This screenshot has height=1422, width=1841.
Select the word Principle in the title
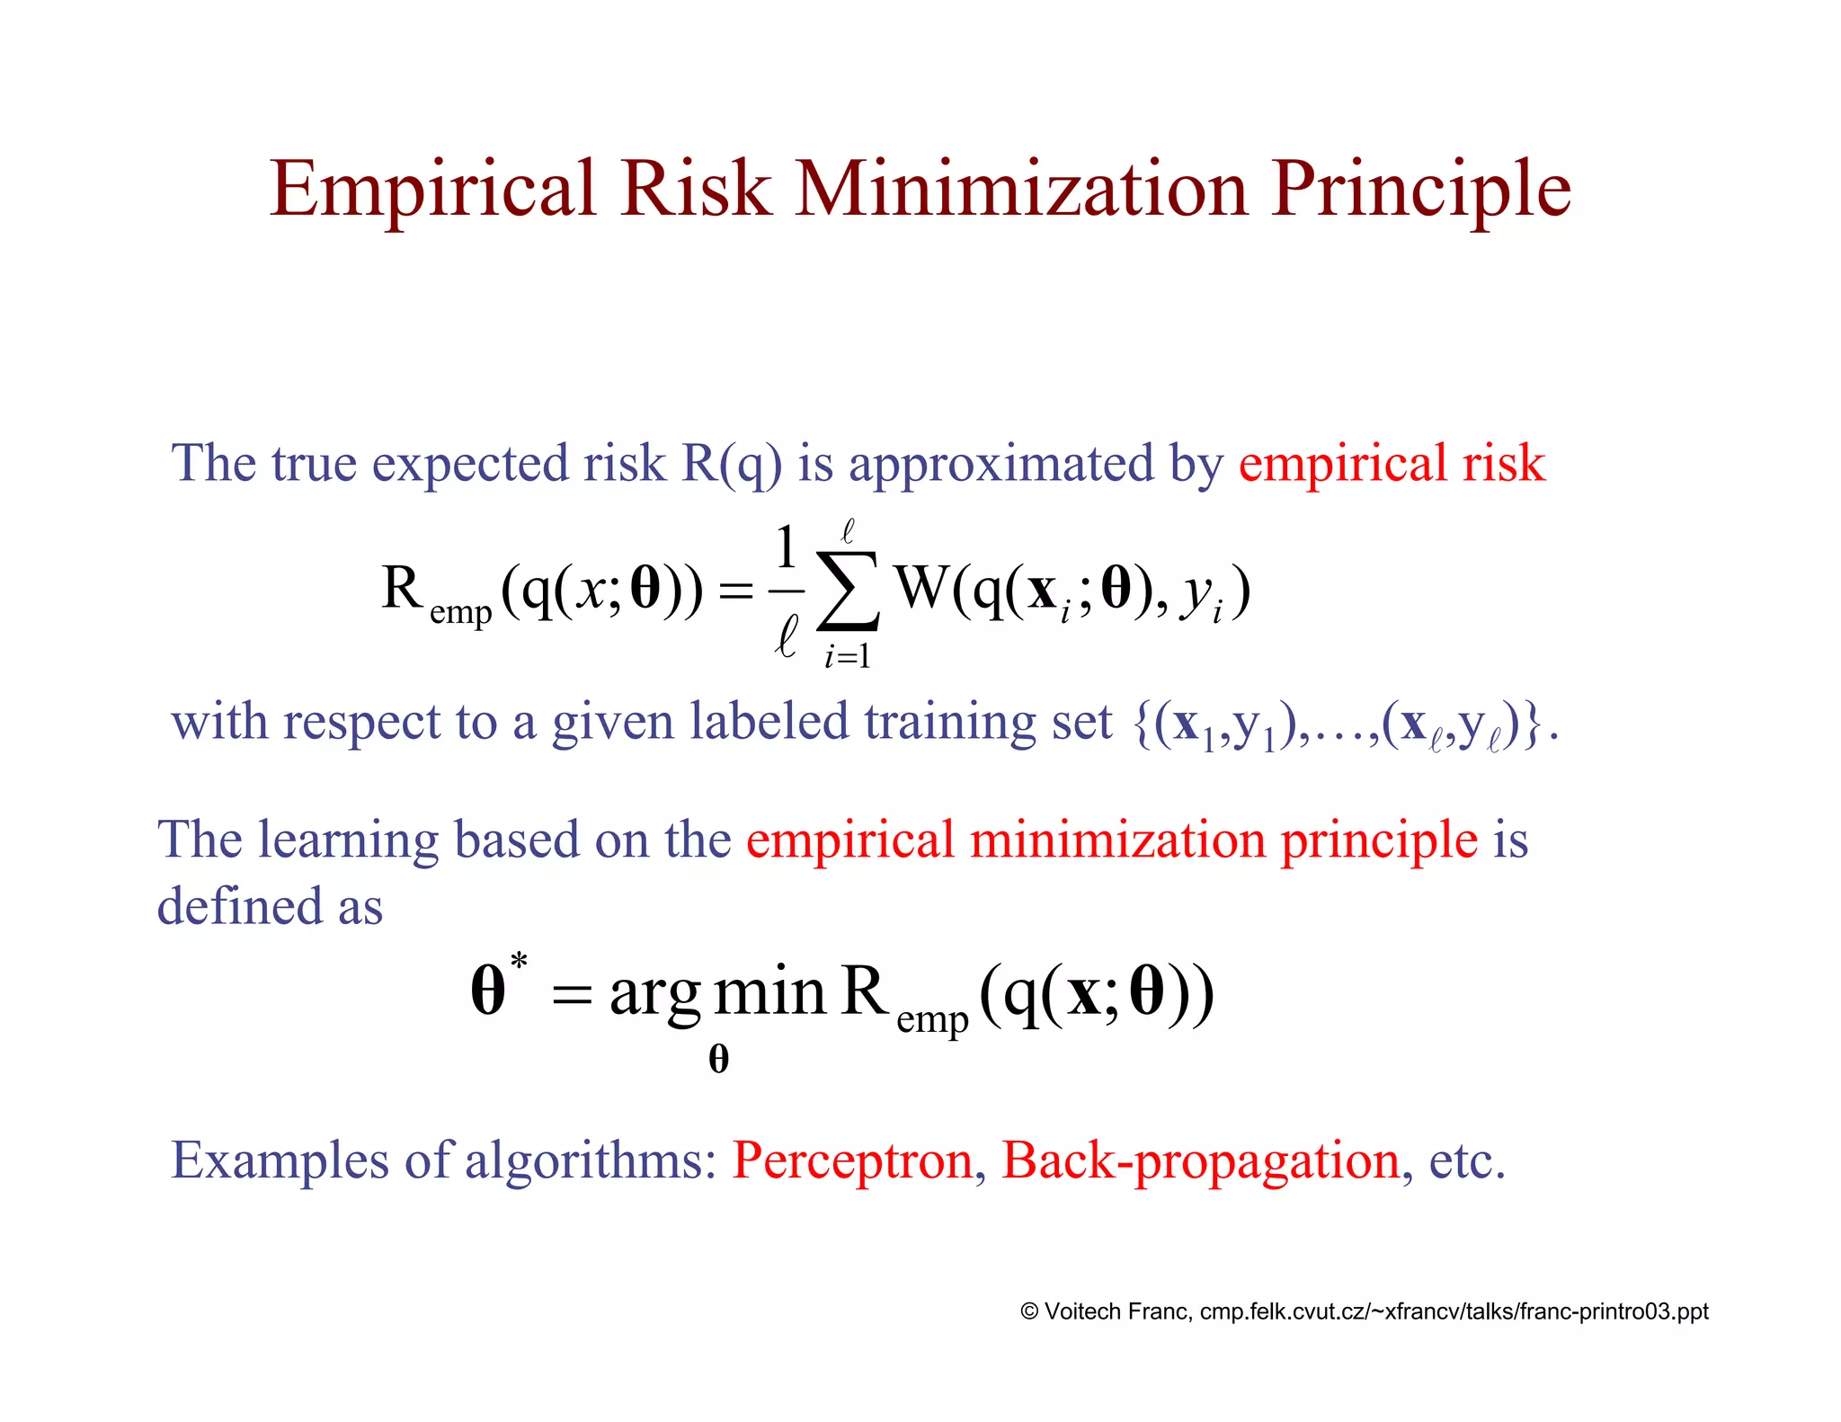click(1420, 191)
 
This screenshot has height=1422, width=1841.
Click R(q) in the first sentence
click(732, 465)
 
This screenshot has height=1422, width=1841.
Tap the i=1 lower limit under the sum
click(847, 657)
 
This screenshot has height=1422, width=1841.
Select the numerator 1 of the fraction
click(787, 547)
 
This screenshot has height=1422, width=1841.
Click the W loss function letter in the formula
click(922, 589)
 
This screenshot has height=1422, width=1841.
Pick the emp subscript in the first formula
click(460, 614)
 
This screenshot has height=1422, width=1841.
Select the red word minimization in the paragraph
click(1117, 841)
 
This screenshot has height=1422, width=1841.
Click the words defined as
click(270, 906)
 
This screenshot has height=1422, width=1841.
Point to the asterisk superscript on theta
click(519, 962)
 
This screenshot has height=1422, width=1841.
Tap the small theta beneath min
click(718, 1059)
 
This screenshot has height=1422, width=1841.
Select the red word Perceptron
click(852, 1160)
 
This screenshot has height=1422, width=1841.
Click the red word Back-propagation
click(1201, 1161)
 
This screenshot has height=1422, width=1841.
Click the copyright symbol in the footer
click(1029, 1312)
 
